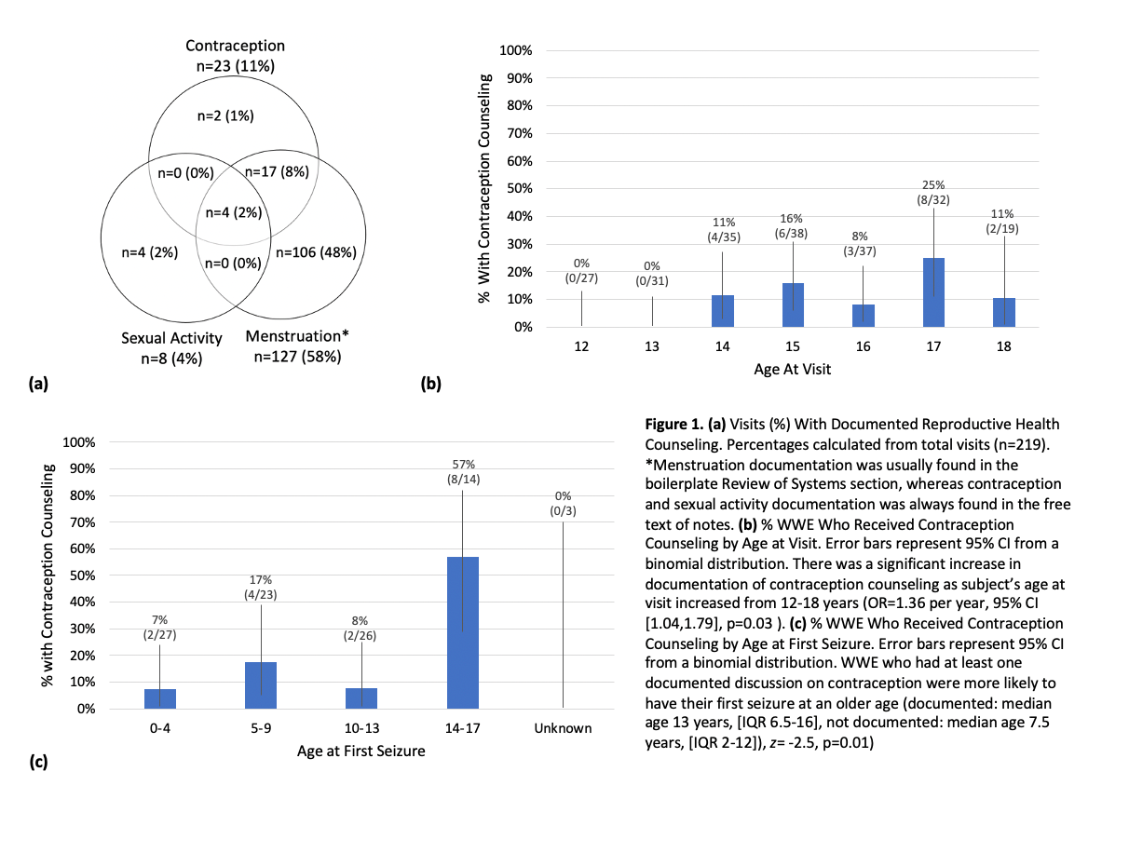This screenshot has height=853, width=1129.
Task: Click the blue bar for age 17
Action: click(x=935, y=292)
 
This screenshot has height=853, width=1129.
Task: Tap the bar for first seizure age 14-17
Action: click(x=462, y=633)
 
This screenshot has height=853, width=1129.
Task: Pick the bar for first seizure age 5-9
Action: click(x=261, y=685)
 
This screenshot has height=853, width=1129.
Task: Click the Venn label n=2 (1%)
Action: click(x=225, y=115)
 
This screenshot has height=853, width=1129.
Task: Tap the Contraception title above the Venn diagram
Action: click(x=235, y=46)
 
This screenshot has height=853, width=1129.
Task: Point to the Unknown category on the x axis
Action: click(x=563, y=728)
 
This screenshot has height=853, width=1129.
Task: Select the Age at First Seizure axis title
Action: click(x=360, y=751)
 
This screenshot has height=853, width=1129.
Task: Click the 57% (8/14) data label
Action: click(x=462, y=471)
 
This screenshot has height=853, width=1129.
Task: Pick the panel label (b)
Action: click(x=430, y=382)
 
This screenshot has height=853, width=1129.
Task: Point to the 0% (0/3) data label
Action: click(x=563, y=504)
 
